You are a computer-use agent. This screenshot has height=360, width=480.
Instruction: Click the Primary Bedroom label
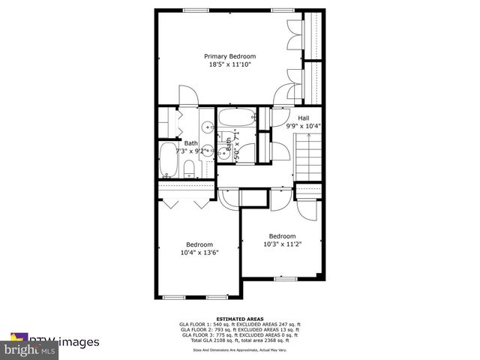click(x=230, y=56)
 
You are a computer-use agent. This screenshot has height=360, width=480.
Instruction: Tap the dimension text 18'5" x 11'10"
click(x=230, y=65)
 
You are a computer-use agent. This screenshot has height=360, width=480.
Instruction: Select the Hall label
click(x=303, y=118)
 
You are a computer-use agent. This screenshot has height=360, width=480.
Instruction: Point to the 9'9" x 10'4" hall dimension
click(x=303, y=126)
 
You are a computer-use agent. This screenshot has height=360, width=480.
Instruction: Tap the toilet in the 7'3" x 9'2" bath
click(x=189, y=169)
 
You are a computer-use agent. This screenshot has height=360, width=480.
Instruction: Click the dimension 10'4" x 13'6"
click(x=199, y=253)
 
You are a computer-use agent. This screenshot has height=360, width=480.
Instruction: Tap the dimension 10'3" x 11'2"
click(x=282, y=244)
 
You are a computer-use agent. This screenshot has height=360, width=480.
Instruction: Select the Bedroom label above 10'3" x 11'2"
click(x=282, y=235)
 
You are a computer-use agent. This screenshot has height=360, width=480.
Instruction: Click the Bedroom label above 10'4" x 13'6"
click(x=199, y=244)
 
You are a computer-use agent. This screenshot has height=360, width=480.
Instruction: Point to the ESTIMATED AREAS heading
click(x=238, y=318)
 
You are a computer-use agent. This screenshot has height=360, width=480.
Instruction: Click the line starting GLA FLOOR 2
click(x=238, y=330)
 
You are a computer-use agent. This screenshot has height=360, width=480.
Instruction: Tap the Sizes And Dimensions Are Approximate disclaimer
click(x=238, y=349)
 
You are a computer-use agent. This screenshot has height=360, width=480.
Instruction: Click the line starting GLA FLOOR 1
click(x=238, y=324)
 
